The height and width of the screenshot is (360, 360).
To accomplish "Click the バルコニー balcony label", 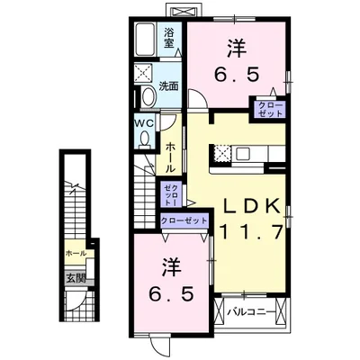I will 246,311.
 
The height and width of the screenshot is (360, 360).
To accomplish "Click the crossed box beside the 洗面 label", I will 144,74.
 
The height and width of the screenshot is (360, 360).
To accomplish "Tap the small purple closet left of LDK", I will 171,192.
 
